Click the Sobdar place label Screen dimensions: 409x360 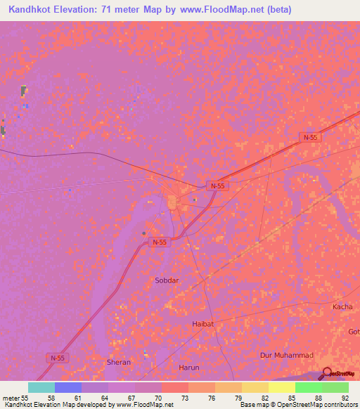pyautogui.click(x=167, y=280)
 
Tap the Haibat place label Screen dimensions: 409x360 pyautogui.click(x=202, y=324)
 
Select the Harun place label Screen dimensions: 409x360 pyautogui.click(x=189, y=368)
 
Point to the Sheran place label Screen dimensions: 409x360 pyautogui.click(x=118, y=362)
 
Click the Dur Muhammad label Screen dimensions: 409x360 pyautogui.click(x=286, y=356)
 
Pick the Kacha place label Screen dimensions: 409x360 pyautogui.click(x=342, y=308)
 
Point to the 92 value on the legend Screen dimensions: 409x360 pyautogui.click(x=345, y=397)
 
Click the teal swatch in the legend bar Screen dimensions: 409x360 pyautogui.click(x=41, y=387)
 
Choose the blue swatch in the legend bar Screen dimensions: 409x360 pyautogui.click(x=68, y=387)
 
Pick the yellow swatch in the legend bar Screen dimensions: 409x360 pyautogui.click(x=282, y=387)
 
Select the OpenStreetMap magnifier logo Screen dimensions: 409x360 pyautogui.click(x=328, y=374)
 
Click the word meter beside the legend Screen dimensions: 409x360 pyautogui.click(x=12, y=397)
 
